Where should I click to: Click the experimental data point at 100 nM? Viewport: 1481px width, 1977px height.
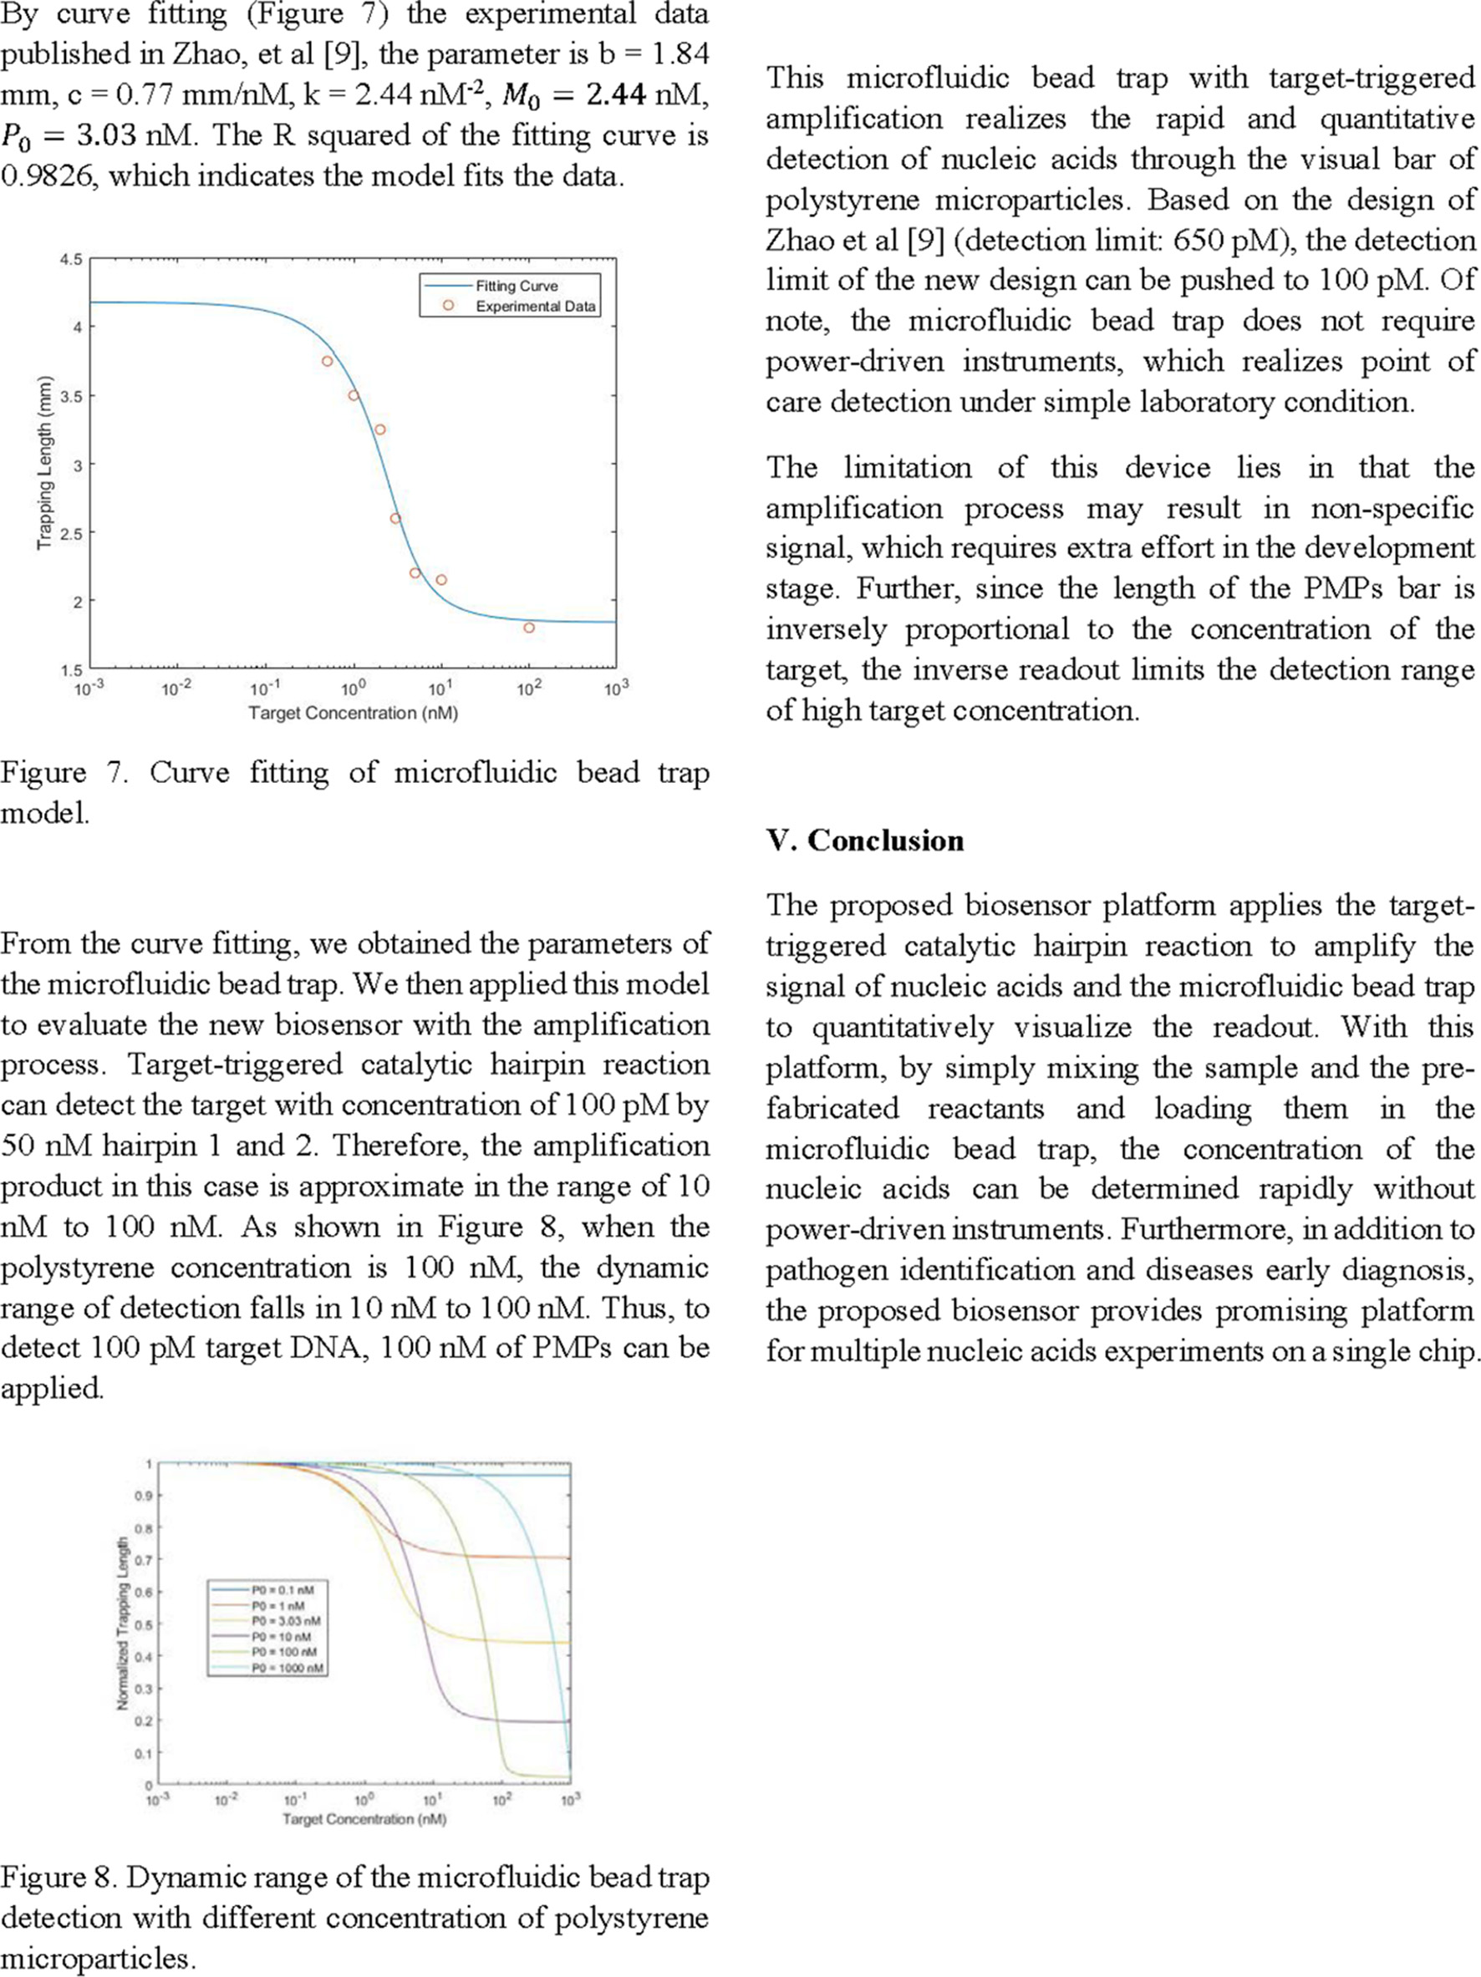click(529, 628)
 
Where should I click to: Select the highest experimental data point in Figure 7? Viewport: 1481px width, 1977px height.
click(327, 361)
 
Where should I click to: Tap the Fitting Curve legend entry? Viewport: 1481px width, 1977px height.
click(516, 286)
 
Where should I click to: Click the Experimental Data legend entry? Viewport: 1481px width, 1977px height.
click(535, 307)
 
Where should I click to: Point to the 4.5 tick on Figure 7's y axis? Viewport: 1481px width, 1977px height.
click(70, 260)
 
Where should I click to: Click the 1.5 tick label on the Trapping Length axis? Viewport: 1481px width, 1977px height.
click(70, 670)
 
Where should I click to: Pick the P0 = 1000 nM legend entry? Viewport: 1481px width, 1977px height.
click(287, 1668)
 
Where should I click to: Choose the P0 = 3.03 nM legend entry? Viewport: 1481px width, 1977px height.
click(285, 1620)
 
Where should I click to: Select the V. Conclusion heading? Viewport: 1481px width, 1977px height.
click(864, 840)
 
